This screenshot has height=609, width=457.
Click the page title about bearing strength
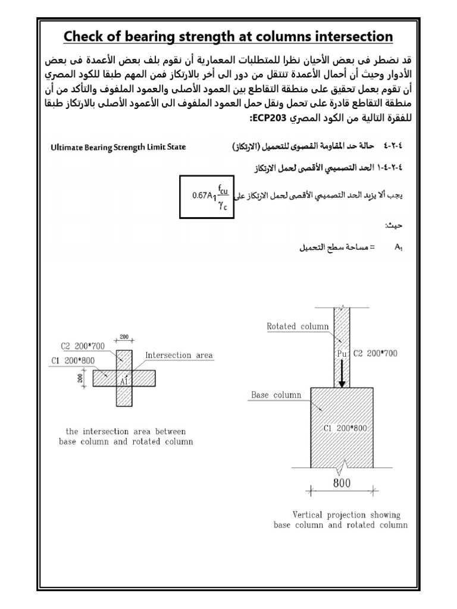click(x=228, y=37)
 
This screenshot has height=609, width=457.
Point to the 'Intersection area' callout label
click(x=179, y=356)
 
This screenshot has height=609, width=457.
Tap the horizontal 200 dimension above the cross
click(x=124, y=337)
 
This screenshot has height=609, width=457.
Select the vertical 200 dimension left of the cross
click(x=79, y=378)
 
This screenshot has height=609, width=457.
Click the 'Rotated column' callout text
click(x=298, y=326)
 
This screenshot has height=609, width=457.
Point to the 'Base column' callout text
click(x=276, y=395)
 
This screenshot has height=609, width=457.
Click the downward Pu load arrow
click(x=342, y=376)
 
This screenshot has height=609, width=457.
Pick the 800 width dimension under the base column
click(x=342, y=484)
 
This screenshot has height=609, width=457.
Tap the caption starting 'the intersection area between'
click(x=126, y=431)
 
